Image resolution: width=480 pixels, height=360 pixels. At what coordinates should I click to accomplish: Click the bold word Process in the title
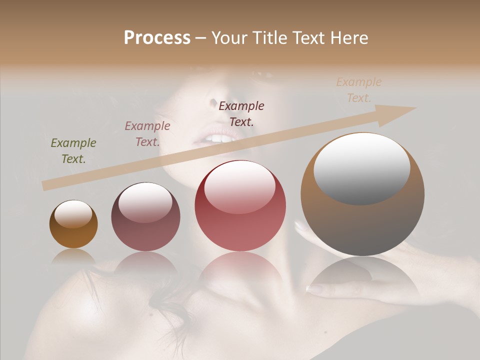[x=157, y=38]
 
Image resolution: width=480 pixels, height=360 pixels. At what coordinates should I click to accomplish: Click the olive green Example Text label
[x=73, y=151]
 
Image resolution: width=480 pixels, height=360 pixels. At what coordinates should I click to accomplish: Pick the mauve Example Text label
[x=147, y=134]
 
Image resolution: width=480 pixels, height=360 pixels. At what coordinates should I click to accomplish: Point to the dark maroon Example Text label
[x=241, y=113]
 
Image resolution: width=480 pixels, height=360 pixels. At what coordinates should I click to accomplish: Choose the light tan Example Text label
[x=359, y=90]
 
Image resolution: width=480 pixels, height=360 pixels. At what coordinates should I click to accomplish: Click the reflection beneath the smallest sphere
[x=73, y=256]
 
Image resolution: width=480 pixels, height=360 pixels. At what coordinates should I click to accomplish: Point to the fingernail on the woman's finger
[x=314, y=289]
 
